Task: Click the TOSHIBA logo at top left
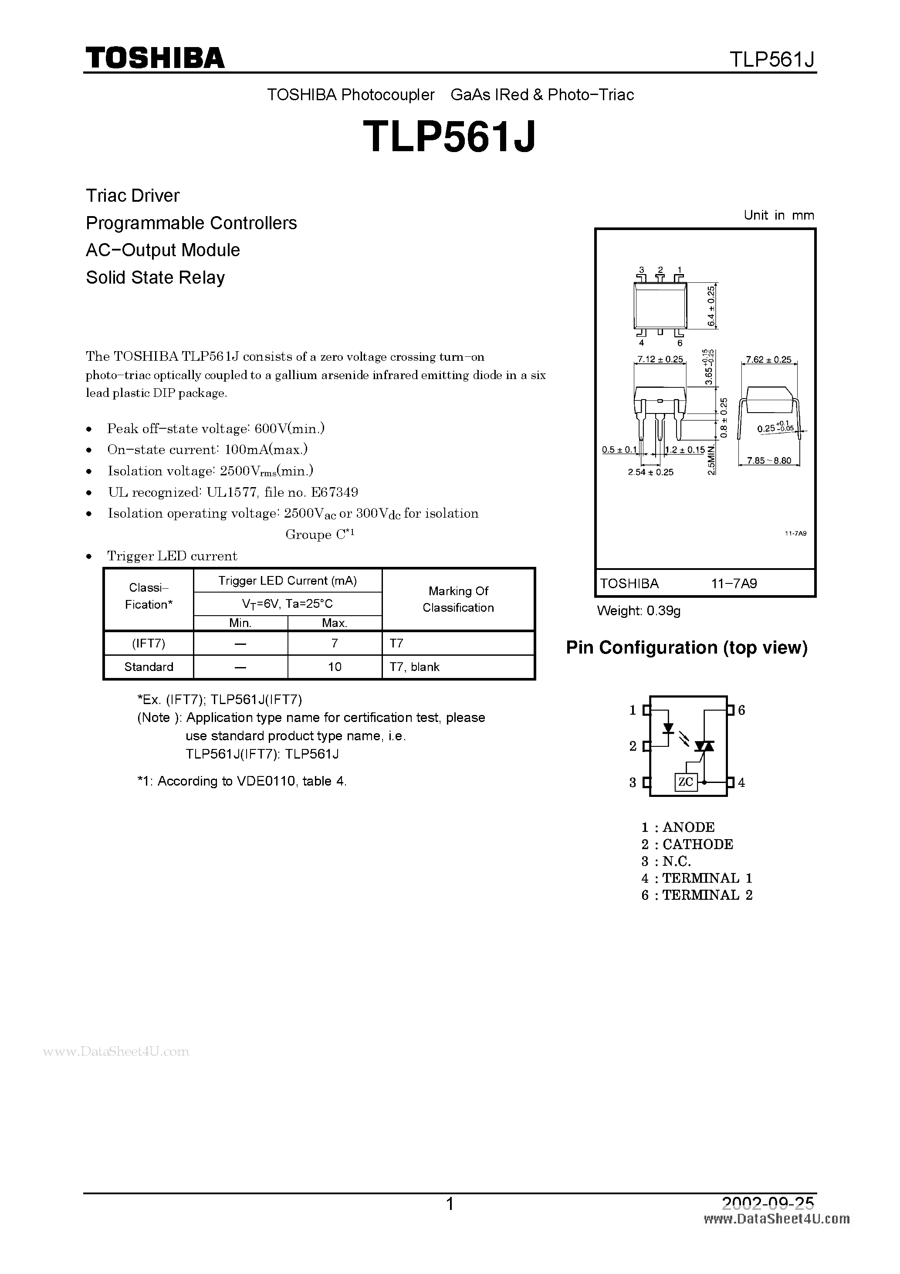pyautogui.click(x=154, y=58)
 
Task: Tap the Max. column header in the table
pyautogui.click(x=334, y=623)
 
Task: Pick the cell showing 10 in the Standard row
pyautogui.click(x=334, y=666)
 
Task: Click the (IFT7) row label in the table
pyautogui.click(x=148, y=643)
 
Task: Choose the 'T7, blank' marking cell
pyautogui.click(x=414, y=666)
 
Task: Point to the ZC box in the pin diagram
pyautogui.click(x=685, y=782)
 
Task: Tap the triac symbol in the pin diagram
pyautogui.click(x=705, y=746)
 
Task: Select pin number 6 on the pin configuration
pyautogui.click(x=741, y=710)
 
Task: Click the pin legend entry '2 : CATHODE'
pyautogui.click(x=687, y=844)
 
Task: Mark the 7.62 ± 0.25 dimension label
pyautogui.click(x=768, y=359)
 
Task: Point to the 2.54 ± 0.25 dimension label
pyautogui.click(x=650, y=472)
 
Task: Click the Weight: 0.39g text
pyautogui.click(x=639, y=611)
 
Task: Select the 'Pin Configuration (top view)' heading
pyautogui.click(x=687, y=647)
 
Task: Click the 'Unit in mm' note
pyautogui.click(x=778, y=215)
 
